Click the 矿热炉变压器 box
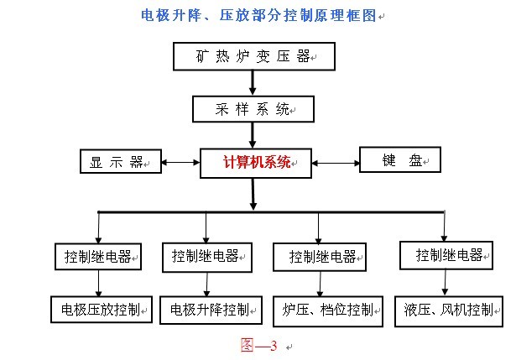click(x=253, y=57)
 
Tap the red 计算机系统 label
click(x=257, y=163)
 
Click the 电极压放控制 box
click(x=102, y=310)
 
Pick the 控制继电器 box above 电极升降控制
click(x=207, y=256)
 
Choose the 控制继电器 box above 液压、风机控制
click(x=444, y=254)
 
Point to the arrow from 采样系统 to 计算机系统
click(x=253, y=134)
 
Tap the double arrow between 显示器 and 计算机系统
click(x=180, y=162)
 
